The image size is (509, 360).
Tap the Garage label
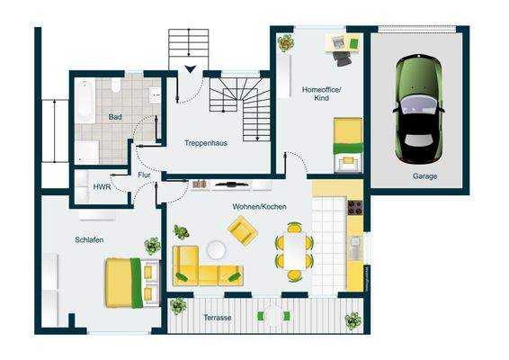point(424,176)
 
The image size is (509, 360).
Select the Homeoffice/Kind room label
point(321,93)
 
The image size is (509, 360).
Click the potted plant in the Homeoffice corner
point(286,42)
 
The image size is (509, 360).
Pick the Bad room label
point(115,117)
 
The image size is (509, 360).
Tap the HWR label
point(102,186)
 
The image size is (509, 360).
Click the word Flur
point(143,177)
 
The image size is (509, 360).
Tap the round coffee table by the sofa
point(217,249)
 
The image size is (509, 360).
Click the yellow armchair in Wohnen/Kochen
point(242,233)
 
